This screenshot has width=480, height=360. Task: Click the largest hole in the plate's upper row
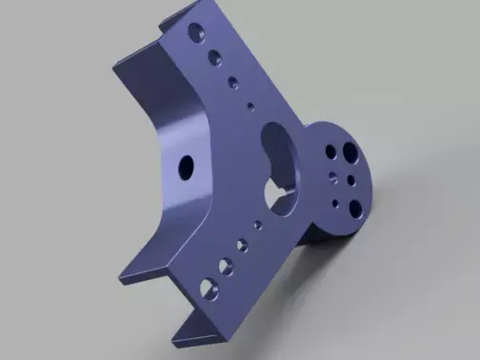[196, 32]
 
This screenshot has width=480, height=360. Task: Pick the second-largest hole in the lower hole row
[225, 264]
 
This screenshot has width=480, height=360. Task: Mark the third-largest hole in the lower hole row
[241, 244]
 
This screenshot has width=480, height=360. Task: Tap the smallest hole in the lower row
[256, 226]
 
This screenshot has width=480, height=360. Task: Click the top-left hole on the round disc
[330, 151]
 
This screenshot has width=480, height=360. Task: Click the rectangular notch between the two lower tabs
[168, 305]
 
